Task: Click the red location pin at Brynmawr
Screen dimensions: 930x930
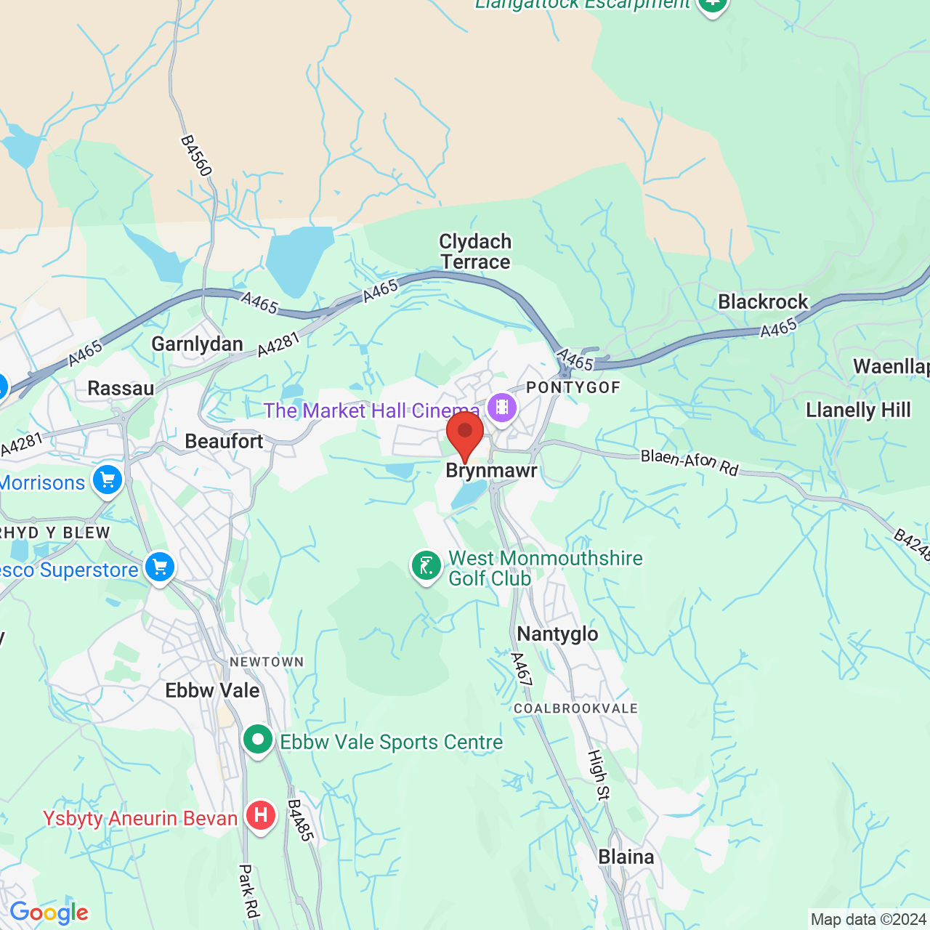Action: point(465,434)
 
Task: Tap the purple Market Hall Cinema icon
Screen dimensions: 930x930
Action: point(501,408)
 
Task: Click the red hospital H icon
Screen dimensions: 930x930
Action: point(260,816)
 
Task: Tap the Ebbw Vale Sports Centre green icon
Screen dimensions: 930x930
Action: point(257,740)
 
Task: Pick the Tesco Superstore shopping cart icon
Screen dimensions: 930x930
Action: point(160,567)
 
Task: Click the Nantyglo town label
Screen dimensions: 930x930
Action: point(557,634)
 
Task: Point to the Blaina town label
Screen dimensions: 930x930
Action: point(626,857)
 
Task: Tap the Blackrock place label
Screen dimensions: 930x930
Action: point(763,302)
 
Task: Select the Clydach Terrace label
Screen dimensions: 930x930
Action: point(475,251)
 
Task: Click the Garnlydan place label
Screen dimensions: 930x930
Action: point(197,344)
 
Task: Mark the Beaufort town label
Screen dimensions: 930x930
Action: point(224,441)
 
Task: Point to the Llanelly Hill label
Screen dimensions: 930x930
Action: point(858,411)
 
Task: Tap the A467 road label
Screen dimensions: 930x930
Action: point(521,669)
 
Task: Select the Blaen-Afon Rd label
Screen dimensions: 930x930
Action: point(689,462)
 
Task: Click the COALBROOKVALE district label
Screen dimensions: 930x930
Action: point(575,708)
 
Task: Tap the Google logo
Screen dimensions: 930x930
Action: point(49,913)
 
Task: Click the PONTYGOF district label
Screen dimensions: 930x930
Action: point(573,387)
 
